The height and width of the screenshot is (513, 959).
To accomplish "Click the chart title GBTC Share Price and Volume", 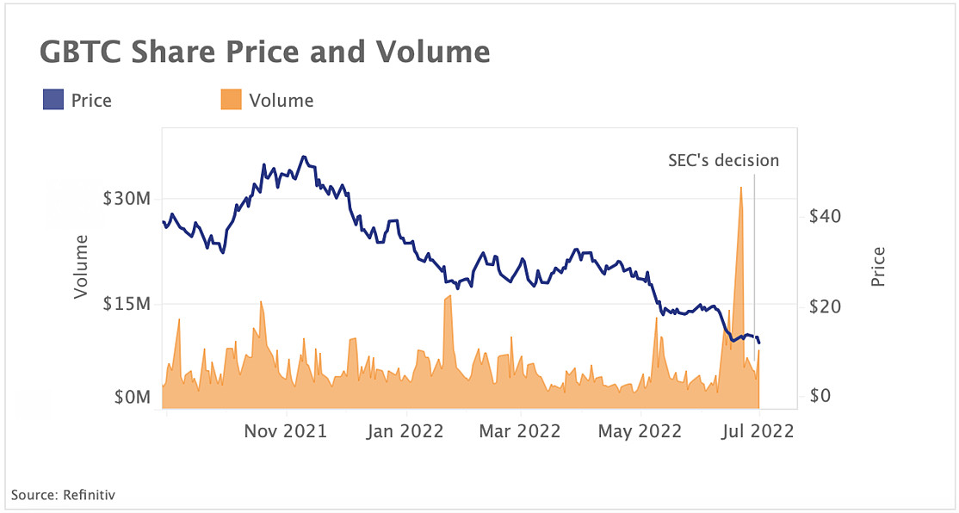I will pyautogui.click(x=264, y=53).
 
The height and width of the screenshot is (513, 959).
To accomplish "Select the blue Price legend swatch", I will pyautogui.click(x=53, y=101).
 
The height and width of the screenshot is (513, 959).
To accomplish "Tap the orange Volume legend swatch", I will pyautogui.click(x=230, y=101).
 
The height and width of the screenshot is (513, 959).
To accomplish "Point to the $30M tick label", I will pyautogui.click(x=127, y=199).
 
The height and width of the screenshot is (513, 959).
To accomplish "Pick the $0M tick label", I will pyautogui.click(x=133, y=398).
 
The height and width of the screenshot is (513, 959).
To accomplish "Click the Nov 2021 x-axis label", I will pyautogui.click(x=286, y=431).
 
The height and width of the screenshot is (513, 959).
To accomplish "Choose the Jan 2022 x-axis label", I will pyautogui.click(x=404, y=431).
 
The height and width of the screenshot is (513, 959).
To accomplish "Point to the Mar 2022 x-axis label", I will pyautogui.click(x=520, y=431).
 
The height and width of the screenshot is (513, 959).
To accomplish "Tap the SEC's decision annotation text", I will pyautogui.click(x=723, y=160).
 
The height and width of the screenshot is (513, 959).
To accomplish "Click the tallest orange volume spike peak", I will pyautogui.click(x=740, y=188).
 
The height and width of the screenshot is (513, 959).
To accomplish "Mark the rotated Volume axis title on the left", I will pyautogui.click(x=82, y=267).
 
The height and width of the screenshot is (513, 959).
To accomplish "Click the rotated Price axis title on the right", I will pyautogui.click(x=877, y=267).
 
